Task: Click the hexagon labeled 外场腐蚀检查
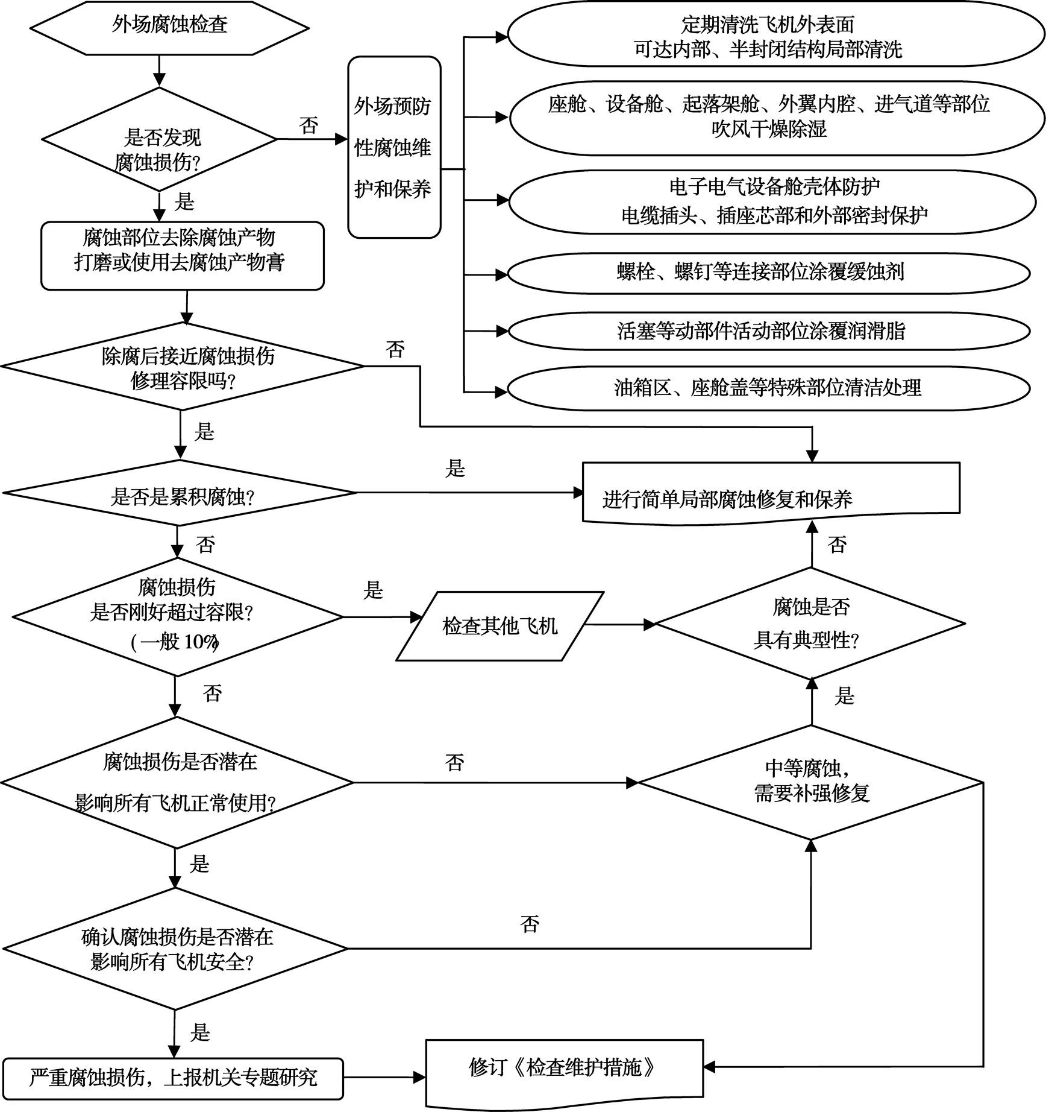coord(169,27)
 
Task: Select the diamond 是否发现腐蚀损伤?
coord(158,140)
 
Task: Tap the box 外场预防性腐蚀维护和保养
coord(394,148)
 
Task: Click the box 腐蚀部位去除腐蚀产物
coord(182,256)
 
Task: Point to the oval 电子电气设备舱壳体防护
coord(774,201)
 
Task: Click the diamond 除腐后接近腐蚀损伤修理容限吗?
coord(183,367)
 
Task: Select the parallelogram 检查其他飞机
coord(500,626)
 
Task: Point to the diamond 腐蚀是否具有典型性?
coord(810,623)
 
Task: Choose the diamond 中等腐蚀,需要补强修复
coord(811,782)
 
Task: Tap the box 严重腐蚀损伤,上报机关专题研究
coord(173,1078)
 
